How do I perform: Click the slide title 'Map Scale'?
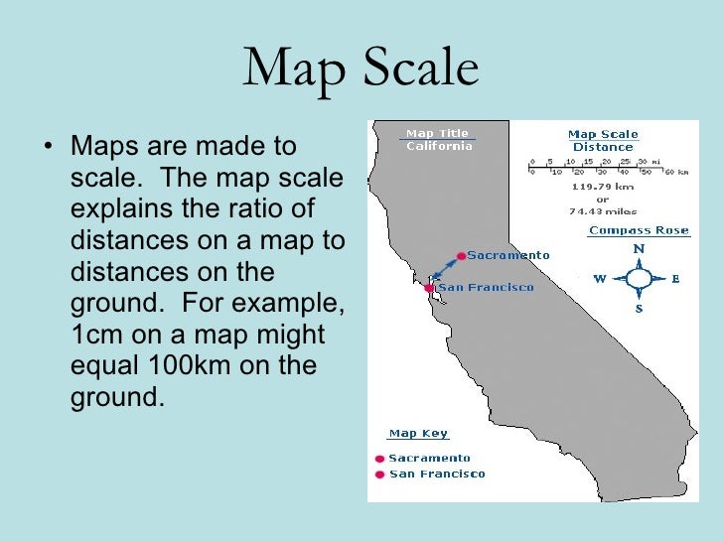[x=361, y=68]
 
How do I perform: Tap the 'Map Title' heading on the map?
[x=437, y=133]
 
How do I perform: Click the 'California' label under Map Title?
[x=438, y=147]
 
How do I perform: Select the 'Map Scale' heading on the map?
[x=603, y=134]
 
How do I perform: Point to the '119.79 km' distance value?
[x=603, y=186]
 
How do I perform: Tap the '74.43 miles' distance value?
[x=603, y=210]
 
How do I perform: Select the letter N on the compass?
[x=639, y=249]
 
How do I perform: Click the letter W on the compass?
[x=600, y=279]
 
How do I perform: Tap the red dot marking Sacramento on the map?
[x=461, y=256]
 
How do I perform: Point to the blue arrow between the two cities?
[x=445, y=272]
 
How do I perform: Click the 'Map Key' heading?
[x=417, y=434]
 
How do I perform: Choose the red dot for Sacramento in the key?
[x=378, y=459]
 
